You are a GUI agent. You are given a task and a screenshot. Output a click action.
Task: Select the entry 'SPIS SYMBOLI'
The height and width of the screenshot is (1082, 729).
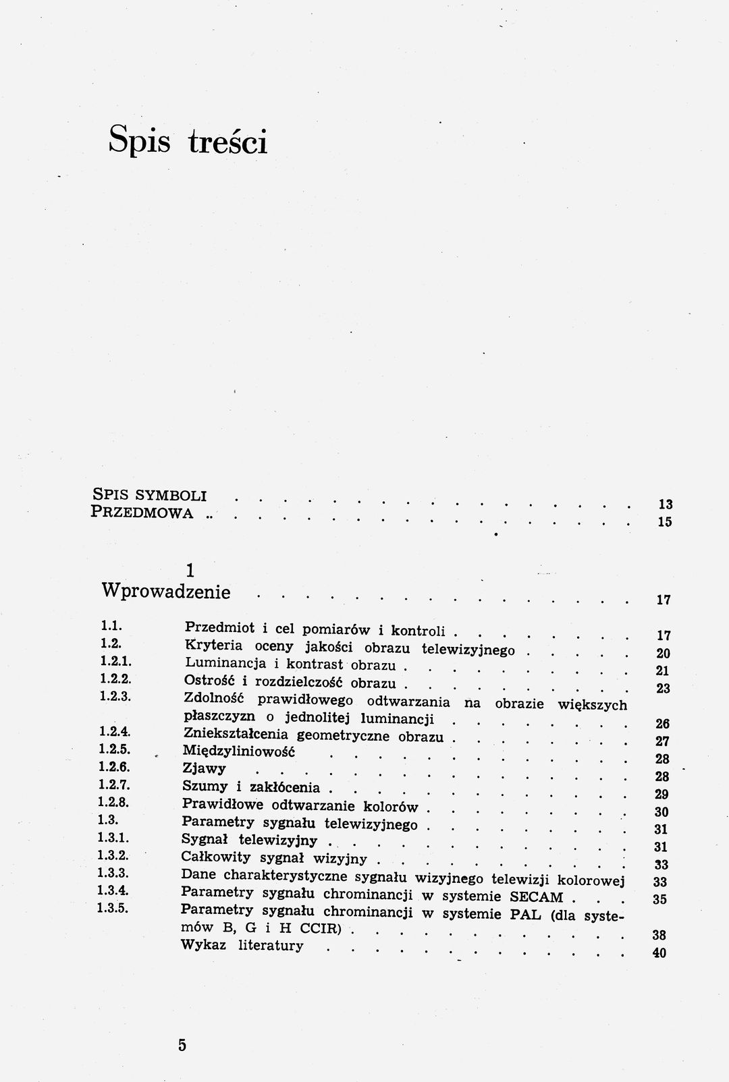tap(148, 493)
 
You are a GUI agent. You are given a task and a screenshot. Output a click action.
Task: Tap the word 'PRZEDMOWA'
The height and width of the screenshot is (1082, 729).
tap(142, 512)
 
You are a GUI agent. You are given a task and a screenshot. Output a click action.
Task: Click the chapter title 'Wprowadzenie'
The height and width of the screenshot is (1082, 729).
tap(166, 592)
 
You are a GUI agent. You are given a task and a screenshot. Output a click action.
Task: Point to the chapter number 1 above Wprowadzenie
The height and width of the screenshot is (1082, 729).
tap(190, 570)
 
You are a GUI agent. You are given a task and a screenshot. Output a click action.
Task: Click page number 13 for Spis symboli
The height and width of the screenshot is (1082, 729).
tap(665, 504)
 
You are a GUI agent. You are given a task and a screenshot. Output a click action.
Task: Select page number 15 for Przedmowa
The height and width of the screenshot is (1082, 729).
tap(665, 521)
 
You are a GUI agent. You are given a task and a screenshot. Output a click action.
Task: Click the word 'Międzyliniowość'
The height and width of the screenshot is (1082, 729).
tap(240, 751)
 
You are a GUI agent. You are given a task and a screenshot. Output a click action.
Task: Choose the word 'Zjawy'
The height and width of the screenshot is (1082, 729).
tap(204, 768)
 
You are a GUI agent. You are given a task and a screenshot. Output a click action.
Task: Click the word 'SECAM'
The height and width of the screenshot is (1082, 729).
tap(536, 896)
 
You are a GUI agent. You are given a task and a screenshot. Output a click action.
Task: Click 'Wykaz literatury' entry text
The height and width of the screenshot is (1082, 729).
tap(242, 945)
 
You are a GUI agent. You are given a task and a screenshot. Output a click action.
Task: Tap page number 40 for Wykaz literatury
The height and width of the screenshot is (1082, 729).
tap(660, 953)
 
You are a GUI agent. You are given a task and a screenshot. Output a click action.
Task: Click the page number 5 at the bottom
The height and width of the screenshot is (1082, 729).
tap(182, 1045)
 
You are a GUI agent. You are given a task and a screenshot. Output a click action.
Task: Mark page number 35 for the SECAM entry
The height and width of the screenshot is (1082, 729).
tap(660, 899)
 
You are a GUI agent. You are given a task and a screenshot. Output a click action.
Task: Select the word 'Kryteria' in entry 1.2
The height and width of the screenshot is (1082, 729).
tap(213, 646)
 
